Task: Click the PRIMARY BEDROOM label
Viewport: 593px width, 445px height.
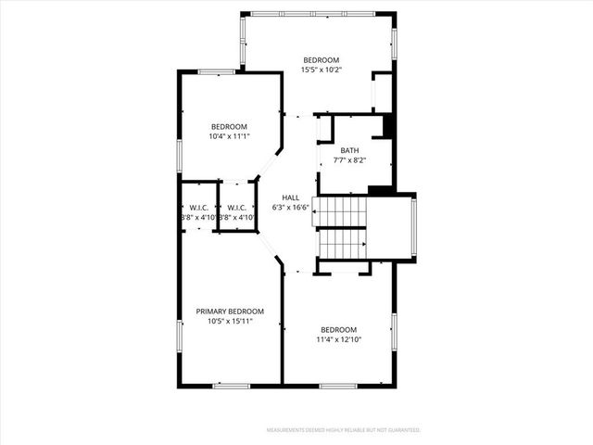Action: point(230,311)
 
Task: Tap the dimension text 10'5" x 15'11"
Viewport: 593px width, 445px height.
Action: point(230,321)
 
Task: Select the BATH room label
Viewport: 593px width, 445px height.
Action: point(349,150)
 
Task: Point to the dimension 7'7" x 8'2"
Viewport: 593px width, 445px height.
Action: point(349,159)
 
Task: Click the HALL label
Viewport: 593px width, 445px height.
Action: point(291,198)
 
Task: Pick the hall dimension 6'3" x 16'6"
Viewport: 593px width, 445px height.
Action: point(291,208)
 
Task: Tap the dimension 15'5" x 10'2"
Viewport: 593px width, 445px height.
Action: point(322,70)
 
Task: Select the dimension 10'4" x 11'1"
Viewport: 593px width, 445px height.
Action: point(229,136)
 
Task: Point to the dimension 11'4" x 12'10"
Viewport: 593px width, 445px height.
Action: point(338,339)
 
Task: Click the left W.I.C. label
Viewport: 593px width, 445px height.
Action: point(197,208)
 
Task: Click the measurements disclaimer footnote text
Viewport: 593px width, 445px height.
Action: point(344,430)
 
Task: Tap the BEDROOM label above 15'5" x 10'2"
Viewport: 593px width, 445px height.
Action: point(322,60)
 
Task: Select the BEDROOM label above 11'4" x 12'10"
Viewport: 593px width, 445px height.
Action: point(338,330)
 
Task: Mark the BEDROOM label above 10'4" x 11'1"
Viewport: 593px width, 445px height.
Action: point(229,127)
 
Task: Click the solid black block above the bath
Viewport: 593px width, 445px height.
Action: point(389,126)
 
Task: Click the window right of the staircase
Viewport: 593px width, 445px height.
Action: point(414,227)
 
